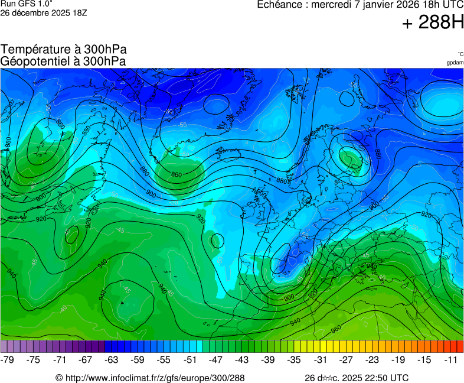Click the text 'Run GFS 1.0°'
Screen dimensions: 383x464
[27, 4]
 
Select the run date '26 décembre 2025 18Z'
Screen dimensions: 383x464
[44, 12]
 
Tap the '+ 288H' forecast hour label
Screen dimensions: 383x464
[433, 23]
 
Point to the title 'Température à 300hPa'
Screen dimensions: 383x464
[64, 50]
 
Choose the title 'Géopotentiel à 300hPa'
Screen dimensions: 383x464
[64, 61]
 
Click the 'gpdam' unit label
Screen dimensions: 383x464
[455, 63]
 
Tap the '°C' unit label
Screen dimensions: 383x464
[460, 54]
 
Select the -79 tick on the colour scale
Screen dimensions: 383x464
[8, 359]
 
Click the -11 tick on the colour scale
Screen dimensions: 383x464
[452, 359]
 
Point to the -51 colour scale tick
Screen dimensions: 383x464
[190, 359]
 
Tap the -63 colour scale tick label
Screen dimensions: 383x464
[112, 359]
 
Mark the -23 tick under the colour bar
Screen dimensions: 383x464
[373, 359]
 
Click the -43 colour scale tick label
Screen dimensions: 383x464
[243, 359]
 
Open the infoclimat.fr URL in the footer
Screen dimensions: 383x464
[154, 378]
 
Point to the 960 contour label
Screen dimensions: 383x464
[336, 329]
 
